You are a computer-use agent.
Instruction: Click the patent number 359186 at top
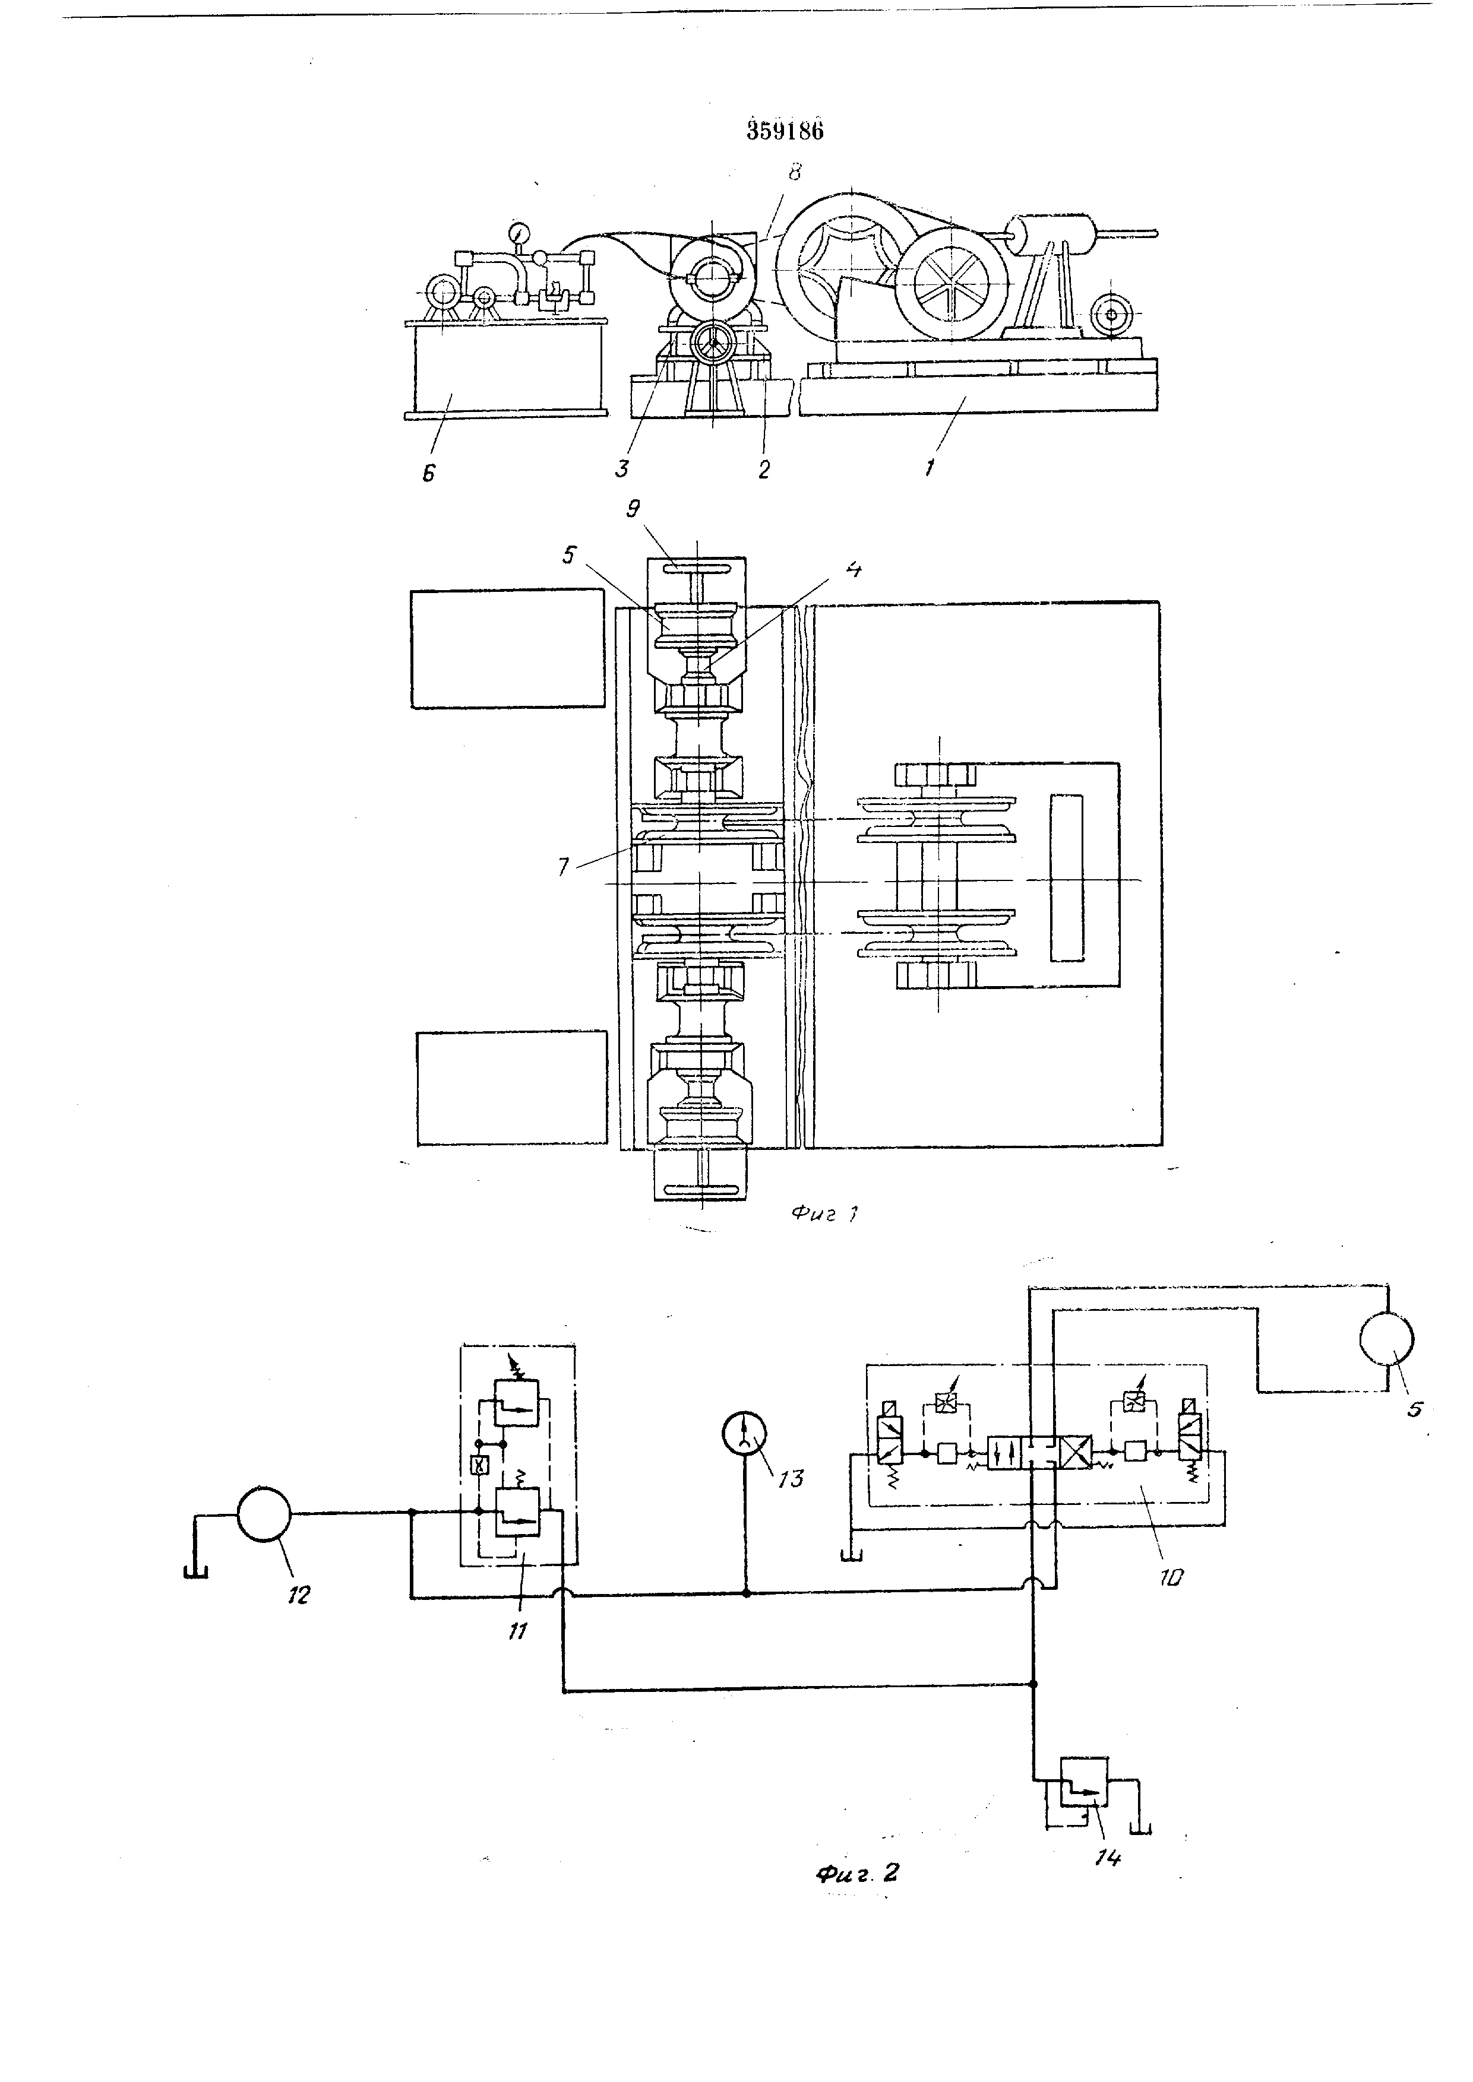(x=785, y=131)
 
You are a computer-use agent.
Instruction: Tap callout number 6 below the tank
(x=429, y=473)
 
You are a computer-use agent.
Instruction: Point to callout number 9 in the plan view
(x=633, y=509)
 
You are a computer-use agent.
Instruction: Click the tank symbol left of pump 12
(x=196, y=1571)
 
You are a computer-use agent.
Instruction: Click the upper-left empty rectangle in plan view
(x=507, y=648)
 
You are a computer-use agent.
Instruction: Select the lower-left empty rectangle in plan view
(x=511, y=1086)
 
